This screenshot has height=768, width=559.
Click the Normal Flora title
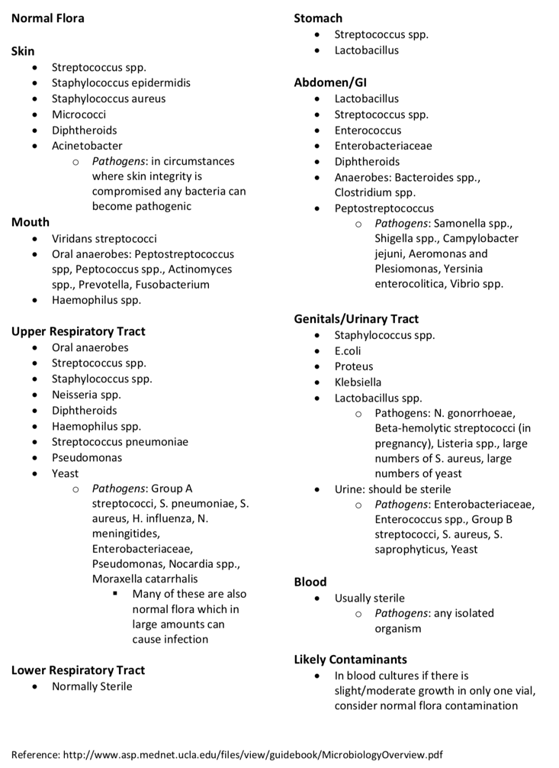click(48, 18)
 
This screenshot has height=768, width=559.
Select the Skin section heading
click(23, 51)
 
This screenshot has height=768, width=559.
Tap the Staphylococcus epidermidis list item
click(120, 82)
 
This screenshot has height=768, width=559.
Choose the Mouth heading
click(31, 222)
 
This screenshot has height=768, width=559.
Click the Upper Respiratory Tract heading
click(78, 331)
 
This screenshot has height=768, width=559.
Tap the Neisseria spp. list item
click(86, 395)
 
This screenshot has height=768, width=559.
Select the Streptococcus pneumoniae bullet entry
click(120, 442)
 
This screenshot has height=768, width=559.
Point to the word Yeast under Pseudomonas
click(65, 473)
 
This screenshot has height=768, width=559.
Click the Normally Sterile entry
click(92, 686)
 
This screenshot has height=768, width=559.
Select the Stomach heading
click(318, 18)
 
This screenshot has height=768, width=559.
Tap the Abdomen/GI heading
click(324, 82)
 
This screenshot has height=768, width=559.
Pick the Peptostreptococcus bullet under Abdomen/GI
click(384, 208)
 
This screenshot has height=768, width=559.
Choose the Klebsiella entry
click(358, 382)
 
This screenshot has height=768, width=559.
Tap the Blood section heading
click(310, 582)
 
